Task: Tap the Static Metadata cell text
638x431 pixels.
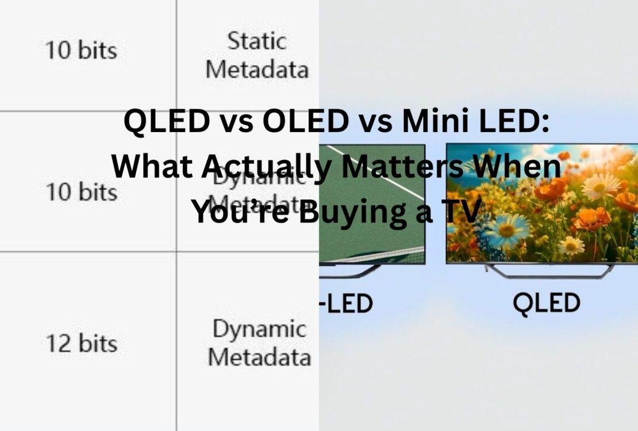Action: click(x=257, y=56)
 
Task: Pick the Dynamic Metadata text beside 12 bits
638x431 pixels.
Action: click(x=259, y=343)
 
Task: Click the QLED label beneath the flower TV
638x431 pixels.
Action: click(x=546, y=303)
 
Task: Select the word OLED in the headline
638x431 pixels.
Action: click(x=304, y=122)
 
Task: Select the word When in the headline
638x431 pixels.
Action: click(x=523, y=167)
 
